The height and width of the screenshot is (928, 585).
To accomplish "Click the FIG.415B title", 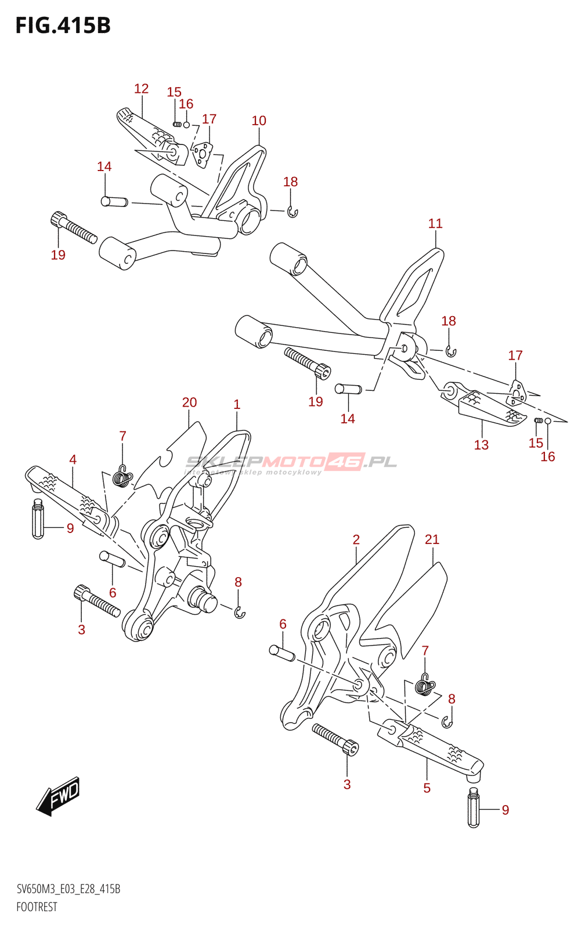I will point(63,26).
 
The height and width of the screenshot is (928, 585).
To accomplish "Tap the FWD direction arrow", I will point(58,796).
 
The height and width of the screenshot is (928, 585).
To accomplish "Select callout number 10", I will point(259,121).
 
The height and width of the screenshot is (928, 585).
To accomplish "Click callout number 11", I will point(435,223).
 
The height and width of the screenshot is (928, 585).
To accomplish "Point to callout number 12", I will point(141,89).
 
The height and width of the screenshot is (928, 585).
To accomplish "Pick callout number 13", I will point(481,445).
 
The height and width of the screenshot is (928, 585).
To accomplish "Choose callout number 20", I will point(189,403).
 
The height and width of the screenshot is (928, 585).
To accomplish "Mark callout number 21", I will point(432,539).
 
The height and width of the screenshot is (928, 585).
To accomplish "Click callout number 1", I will point(237,404).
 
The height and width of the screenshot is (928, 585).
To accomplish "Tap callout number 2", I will point(356,539).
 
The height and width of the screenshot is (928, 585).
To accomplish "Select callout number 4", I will point(73,459).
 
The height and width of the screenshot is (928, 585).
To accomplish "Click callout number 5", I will point(427,788).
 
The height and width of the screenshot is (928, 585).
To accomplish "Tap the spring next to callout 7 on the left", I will point(121,477).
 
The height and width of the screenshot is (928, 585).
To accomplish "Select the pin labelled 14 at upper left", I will point(114,202).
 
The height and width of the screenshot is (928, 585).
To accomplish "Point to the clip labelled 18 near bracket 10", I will point(292,212).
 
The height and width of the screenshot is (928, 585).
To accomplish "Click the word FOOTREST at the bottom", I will point(37,907).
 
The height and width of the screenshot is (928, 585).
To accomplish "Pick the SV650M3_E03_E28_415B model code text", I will point(68,889).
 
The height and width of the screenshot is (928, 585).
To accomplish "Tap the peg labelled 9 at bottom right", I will point(474,809).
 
